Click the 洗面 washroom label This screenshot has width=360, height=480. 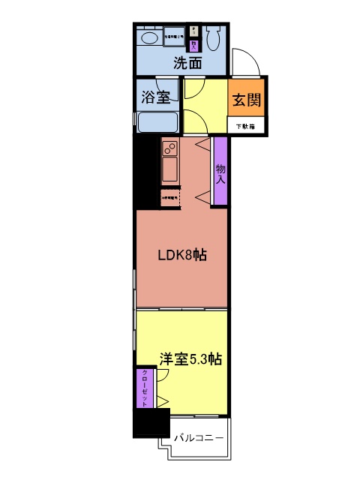coord(187,63)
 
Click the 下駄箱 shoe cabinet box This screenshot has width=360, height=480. coord(245,126)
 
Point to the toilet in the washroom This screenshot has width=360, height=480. coord(214,35)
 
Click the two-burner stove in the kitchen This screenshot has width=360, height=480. coord(169,147)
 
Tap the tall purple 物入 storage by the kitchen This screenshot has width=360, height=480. coord(220,170)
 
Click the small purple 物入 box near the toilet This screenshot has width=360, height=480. coord(193,44)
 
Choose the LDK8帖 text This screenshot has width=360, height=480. coord(182,256)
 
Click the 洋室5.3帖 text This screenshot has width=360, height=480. coord(190,358)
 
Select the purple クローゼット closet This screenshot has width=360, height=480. coord(142,388)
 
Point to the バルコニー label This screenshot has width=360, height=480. coord(199,437)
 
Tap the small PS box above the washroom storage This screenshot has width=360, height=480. coord(193,31)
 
